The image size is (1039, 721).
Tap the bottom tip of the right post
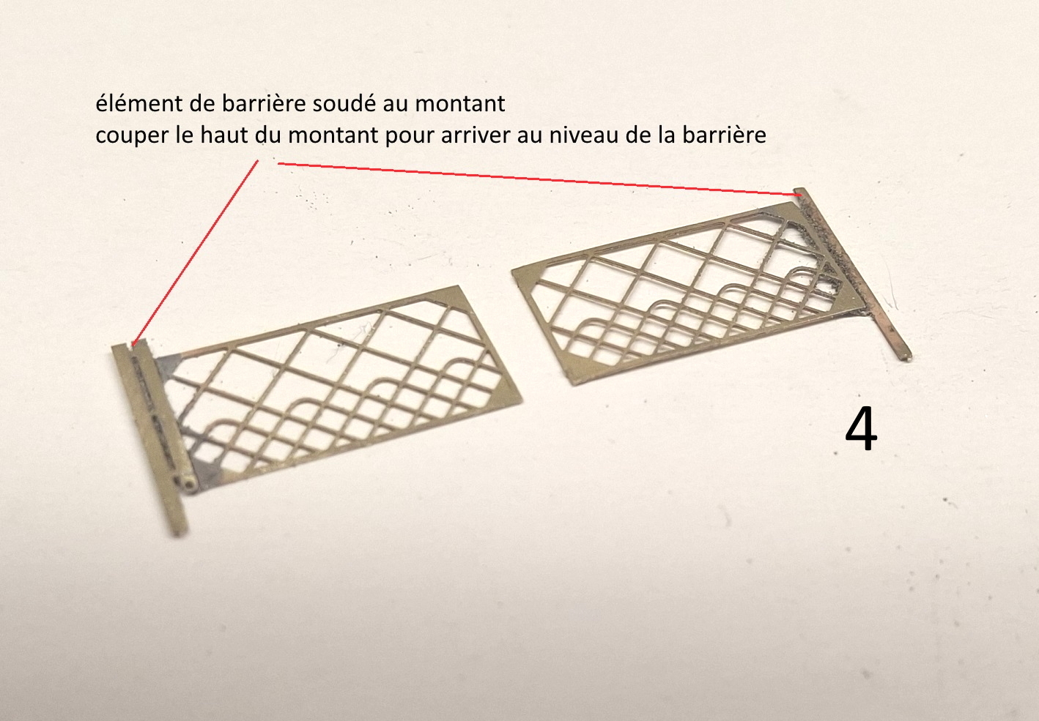pos(906,356)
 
